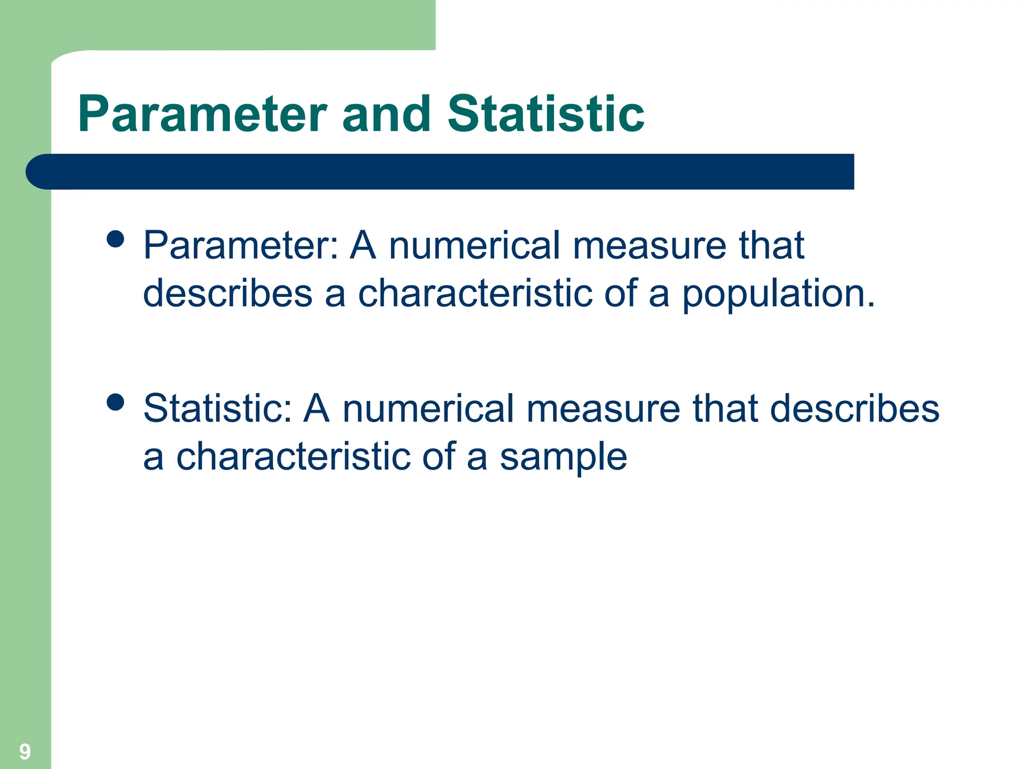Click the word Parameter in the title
(x=202, y=115)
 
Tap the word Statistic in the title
(x=546, y=115)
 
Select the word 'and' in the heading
(x=386, y=115)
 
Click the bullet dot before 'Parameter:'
(x=116, y=239)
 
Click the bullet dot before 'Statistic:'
(x=116, y=402)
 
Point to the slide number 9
(x=25, y=751)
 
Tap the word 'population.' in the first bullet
(x=778, y=293)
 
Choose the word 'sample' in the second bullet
(x=563, y=457)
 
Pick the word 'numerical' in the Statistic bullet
(x=428, y=409)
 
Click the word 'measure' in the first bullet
(x=650, y=245)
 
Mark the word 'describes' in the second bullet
(x=854, y=409)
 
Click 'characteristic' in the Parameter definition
(x=475, y=293)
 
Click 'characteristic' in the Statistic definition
(x=293, y=457)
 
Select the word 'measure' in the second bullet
(x=604, y=409)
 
